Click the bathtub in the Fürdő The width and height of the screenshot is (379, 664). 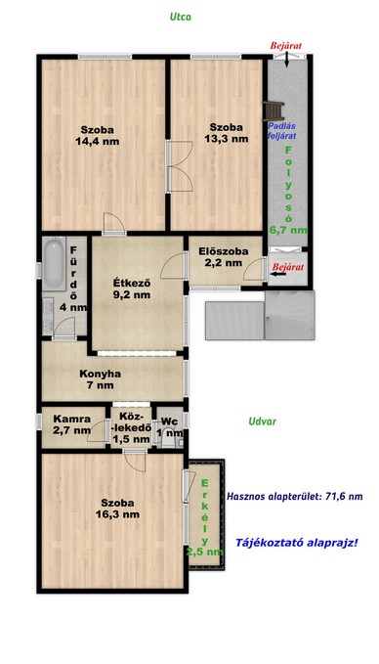[54, 263]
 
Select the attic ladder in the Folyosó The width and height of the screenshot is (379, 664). [273, 111]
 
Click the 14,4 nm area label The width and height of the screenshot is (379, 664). [98, 142]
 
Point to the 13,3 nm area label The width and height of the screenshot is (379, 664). [227, 139]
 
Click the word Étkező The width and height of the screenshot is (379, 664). [132, 284]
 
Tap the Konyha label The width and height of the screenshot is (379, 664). [101, 374]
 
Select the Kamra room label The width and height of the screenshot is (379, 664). [72, 420]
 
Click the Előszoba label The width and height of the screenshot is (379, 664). [224, 251]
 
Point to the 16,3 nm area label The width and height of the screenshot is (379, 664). [117, 514]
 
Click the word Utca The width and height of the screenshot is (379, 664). [181, 17]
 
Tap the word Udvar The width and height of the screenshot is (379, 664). [262, 421]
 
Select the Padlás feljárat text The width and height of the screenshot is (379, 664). [281, 130]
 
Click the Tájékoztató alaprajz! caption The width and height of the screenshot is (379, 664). [296, 543]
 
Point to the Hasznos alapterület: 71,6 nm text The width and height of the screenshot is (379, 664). [295, 497]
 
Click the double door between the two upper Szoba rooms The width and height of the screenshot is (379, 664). [180, 166]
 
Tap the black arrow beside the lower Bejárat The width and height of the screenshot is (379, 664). [278, 274]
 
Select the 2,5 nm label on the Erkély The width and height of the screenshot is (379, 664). [205, 552]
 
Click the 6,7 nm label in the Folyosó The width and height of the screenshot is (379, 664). [288, 231]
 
